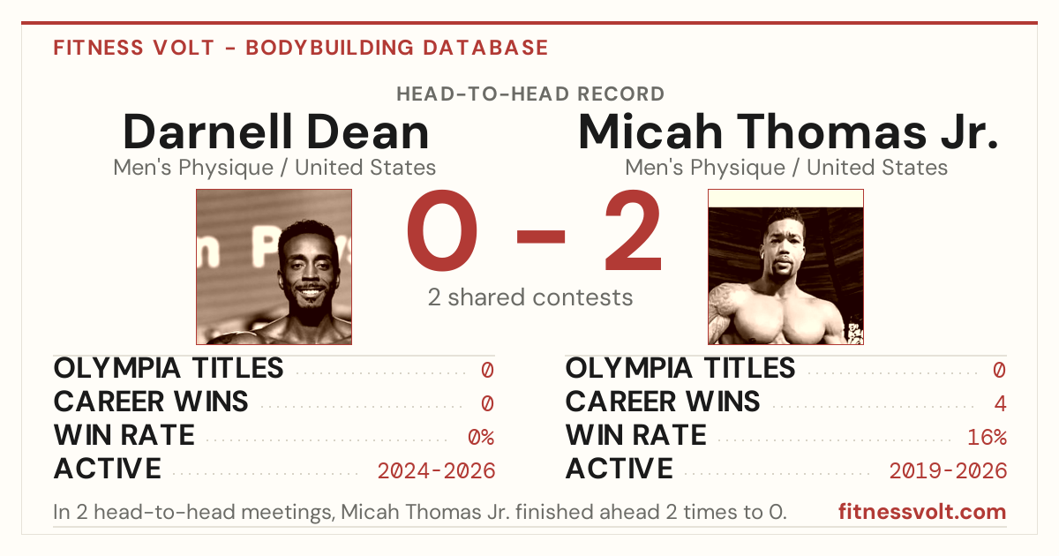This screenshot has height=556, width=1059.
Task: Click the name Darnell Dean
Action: tap(276, 131)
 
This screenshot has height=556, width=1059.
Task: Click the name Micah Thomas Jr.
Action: tap(788, 131)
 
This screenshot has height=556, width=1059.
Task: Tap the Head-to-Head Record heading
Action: tap(530, 94)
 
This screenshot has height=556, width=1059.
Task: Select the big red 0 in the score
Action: tap(442, 230)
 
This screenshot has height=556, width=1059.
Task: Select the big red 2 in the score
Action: tap(634, 229)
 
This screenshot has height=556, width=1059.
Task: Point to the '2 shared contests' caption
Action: tap(530, 297)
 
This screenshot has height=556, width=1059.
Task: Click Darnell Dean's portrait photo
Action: tap(274, 267)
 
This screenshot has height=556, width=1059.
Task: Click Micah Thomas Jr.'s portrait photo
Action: tap(785, 267)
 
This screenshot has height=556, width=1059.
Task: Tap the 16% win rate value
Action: tap(988, 438)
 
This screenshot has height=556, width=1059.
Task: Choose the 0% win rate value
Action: tap(481, 438)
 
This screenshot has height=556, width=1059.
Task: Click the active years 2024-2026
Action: tap(436, 471)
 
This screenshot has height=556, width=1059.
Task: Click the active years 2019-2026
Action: tap(948, 471)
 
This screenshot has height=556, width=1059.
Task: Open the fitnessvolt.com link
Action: tap(922, 512)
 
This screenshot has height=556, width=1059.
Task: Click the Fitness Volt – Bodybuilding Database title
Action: tap(301, 48)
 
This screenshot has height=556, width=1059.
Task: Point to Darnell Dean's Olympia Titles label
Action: tap(169, 368)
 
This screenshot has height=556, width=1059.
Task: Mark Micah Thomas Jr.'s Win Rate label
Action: tap(636, 435)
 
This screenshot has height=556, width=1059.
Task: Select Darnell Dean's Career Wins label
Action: tap(151, 402)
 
